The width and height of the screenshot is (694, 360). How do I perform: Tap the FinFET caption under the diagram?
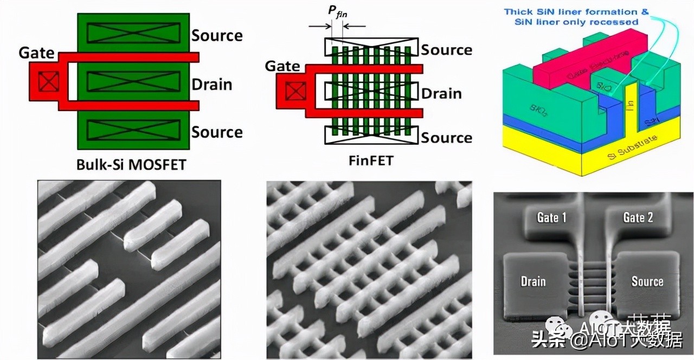[371, 161]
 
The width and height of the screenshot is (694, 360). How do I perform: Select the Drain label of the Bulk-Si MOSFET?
[211, 85]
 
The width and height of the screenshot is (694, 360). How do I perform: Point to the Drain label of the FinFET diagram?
[441, 93]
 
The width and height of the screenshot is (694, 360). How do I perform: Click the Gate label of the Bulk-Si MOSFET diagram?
[36, 53]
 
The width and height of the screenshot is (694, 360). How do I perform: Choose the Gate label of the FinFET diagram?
[282, 66]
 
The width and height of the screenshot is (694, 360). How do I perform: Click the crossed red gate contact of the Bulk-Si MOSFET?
[47, 83]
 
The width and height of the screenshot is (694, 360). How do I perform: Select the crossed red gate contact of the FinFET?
[295, 93]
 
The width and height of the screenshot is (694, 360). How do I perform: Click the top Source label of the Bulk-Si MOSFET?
[217, 36]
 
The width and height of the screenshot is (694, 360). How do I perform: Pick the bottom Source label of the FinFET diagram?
[447, 138]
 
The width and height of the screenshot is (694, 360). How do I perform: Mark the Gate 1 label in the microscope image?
[551, 217]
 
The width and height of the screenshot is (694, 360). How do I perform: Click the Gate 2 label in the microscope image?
[638, 217]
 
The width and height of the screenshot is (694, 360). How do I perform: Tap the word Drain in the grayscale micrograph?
[533, 281]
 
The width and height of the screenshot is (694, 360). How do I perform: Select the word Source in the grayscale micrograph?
[647, 281]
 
